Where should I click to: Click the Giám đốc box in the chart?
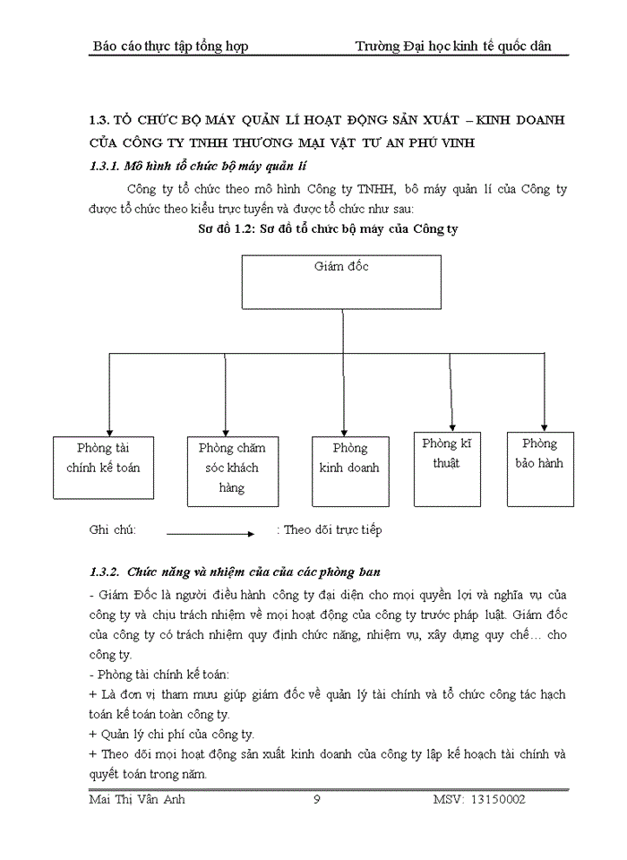341,282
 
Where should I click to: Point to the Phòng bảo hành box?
540,457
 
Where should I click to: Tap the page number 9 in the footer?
317,799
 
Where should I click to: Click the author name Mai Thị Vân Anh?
139,799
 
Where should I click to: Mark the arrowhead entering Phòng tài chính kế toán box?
108,429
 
